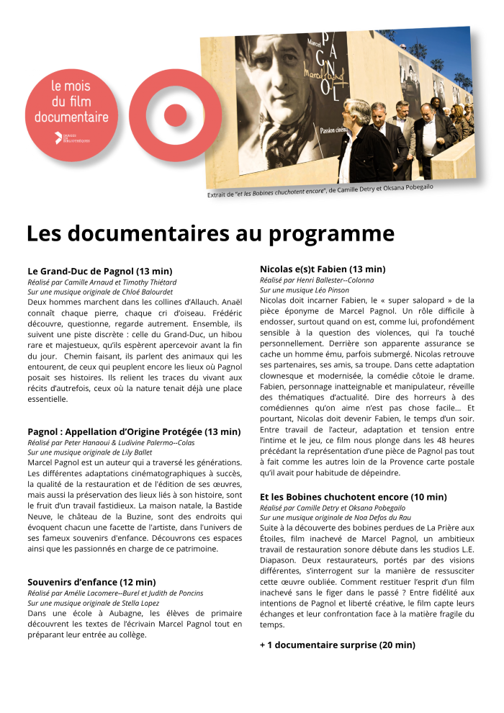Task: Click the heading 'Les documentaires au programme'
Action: coord(210,234)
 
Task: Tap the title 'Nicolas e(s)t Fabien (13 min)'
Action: coord(323,269)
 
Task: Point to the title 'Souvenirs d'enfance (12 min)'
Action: coord(91,582)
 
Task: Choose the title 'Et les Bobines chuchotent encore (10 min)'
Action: coord(354,497)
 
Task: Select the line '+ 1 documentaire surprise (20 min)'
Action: coord(337,645)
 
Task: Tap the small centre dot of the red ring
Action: coord(175,115)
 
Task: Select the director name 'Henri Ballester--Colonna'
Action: coord(333,279)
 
